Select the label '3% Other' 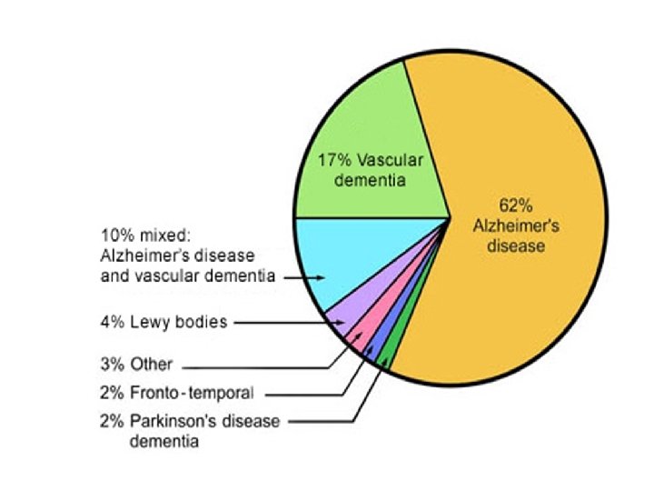point(136,365)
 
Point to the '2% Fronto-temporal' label point(176,394)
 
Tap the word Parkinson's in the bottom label point(173,422)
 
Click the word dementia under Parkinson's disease point(163,442)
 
